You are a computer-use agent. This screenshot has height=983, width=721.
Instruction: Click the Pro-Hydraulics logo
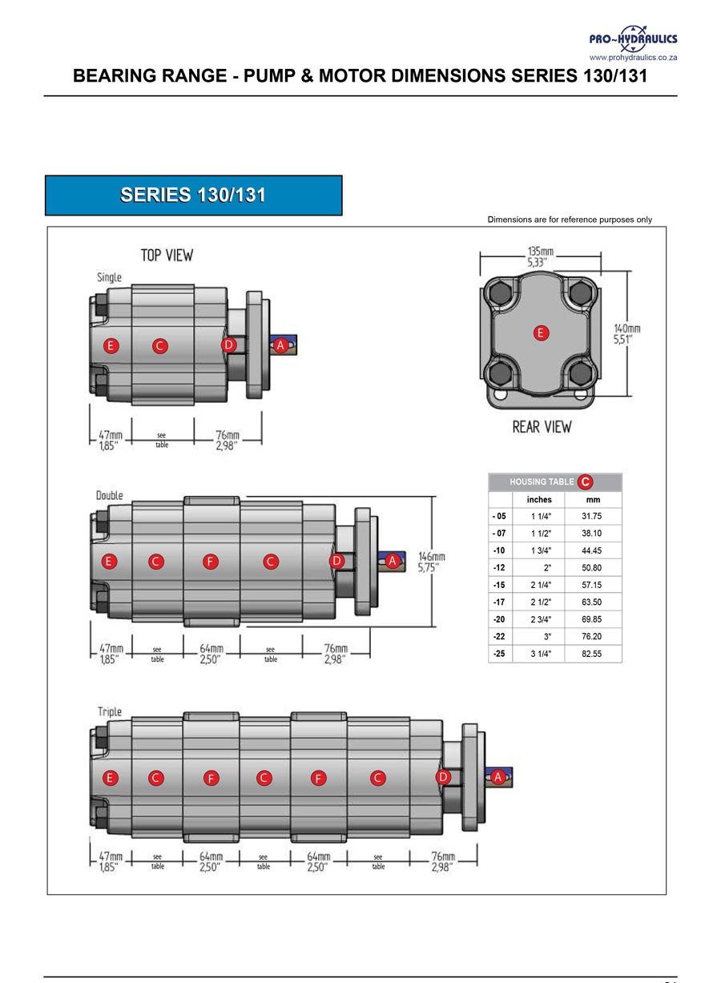tap(633, 41)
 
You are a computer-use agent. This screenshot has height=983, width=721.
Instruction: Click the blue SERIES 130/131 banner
tap(193, 195)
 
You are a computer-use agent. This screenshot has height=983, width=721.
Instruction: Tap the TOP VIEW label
tap(167, 256)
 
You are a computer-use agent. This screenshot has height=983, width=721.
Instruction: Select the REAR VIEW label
tap(542, 427)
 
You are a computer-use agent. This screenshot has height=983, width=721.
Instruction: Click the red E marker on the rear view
tap(541, 332)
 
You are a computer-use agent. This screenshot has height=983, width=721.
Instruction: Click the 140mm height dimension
tap(626, 334)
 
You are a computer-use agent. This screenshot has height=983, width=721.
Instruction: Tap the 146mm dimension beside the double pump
tap(432, 562)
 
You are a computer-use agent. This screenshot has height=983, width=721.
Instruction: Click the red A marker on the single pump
tap(280, 345)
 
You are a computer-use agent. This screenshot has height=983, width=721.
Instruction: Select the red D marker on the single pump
tap(229, 344)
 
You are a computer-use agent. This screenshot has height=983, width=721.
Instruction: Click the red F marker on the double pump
tap(210, 562)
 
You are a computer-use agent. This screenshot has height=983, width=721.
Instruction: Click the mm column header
tap(593, 499)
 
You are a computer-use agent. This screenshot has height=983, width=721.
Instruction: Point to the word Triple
tap(110, 711)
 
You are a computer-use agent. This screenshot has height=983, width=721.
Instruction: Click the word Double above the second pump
tap(110, 495)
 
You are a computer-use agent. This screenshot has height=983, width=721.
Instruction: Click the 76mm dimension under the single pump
tap(228, 441)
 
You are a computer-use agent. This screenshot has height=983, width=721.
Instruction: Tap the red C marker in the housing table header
tap(586, 481)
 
